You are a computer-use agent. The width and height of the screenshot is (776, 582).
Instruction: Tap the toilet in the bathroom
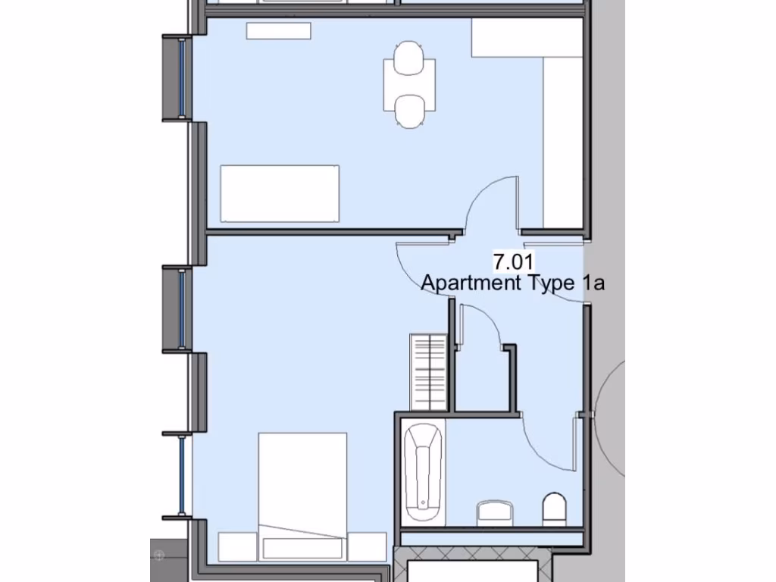click(554, 509)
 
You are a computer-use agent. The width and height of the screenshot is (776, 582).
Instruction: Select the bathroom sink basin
click(495, 512)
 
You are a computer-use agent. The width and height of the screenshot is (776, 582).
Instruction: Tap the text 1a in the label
click(593, 283)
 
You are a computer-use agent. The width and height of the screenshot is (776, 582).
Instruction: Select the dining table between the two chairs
click(409, 86)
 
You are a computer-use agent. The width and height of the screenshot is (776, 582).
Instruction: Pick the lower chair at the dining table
click(409, 111)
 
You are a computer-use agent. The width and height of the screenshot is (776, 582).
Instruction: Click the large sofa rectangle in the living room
click(280, 193)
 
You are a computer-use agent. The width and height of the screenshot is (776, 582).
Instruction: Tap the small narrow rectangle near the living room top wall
click(279, 31)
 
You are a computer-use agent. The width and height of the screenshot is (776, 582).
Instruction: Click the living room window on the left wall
click(182, 78)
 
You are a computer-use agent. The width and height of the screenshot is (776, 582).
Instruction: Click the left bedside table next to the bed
click(237, 545)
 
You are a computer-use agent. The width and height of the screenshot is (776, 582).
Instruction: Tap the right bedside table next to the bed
click(367, 545)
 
